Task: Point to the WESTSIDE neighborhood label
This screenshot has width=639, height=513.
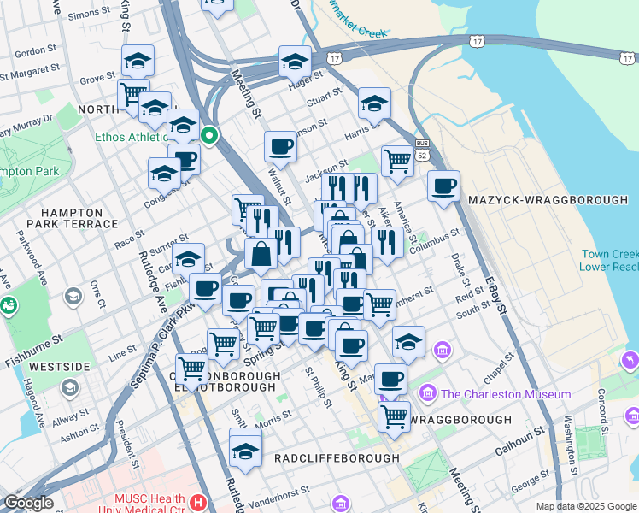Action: tap(59, 367)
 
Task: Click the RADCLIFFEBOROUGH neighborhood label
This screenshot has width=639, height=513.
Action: tap(337, 458)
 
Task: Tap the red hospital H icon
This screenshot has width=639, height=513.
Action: tap(199, 502)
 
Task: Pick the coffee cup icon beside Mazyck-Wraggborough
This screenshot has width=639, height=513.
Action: tap(443, 186)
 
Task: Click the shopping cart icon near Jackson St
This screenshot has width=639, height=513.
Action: tap(397, 160)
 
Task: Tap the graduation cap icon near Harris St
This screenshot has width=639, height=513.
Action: tap(374, 103)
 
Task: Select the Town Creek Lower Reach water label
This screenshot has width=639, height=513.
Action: tap(609, 260)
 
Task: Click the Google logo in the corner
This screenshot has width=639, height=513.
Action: tap(28, 503)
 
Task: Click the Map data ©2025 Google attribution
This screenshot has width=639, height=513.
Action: tap(586, 506)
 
